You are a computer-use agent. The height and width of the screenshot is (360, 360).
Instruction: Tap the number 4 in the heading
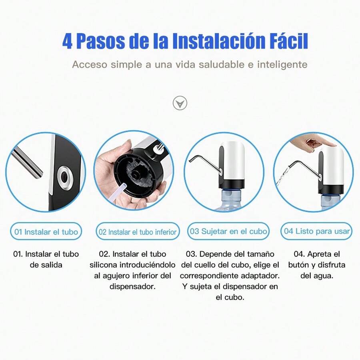click(68, 42)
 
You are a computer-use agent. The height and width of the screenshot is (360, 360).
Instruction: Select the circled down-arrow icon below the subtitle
click(180, 103)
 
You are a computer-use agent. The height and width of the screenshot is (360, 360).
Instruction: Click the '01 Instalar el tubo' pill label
click(46, 232)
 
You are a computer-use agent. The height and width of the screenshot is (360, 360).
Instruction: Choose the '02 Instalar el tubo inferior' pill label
click(138, 232)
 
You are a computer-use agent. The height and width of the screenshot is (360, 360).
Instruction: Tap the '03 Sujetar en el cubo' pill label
click(228, 231)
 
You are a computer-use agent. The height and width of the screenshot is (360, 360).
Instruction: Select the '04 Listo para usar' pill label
click(317, 231)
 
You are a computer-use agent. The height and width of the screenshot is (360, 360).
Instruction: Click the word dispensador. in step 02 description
click(132, 286)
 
